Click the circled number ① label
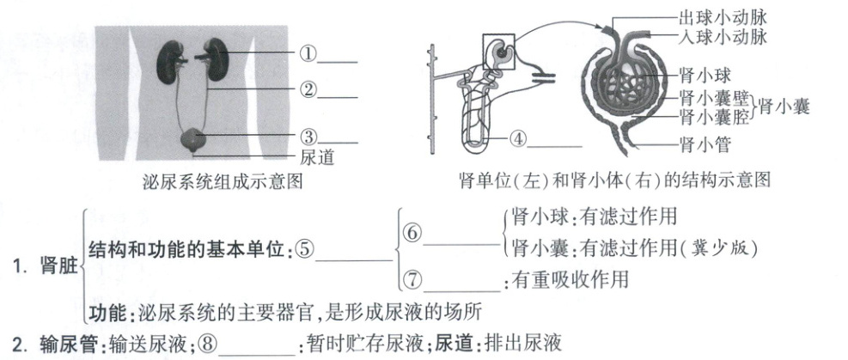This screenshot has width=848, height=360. coord(308,54)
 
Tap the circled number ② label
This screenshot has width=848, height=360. coord(308,89)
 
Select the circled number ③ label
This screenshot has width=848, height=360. coord(308,137)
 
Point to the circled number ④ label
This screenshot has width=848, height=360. coord(517,138)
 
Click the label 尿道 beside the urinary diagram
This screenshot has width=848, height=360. coord(317,157)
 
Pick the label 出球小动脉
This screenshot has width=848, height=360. coord(723,18)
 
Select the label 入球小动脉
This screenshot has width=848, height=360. coord(723,37)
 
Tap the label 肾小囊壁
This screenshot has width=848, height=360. coord(714,99)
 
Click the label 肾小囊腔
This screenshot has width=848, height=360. coord(714,117)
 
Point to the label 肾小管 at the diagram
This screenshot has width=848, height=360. coord(705,144)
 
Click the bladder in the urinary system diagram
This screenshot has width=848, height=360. coord(193,140)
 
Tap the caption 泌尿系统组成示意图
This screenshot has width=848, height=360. coord(223,181)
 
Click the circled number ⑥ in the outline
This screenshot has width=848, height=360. coord(412,233)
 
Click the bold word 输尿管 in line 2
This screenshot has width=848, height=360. coord(68,344)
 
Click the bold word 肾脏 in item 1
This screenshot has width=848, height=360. coord(59,267)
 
